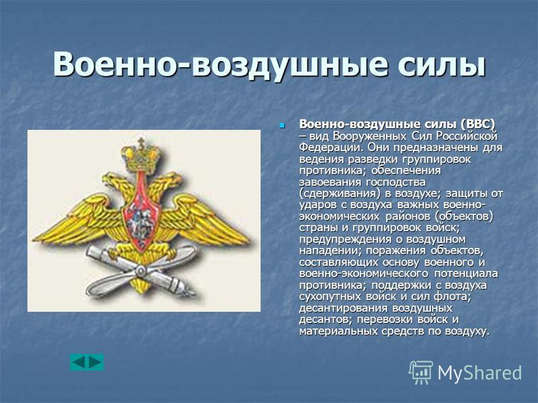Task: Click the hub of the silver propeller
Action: point(141,272)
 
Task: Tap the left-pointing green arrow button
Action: point(79,362)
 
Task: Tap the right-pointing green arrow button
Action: point(95,362)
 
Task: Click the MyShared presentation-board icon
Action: point(420,372)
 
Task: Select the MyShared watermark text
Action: point(479,373)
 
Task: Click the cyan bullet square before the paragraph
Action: point(282,125)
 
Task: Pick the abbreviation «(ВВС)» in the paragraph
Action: point(478,124)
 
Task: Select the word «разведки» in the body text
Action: point(373,159)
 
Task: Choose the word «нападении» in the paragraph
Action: point(328,251)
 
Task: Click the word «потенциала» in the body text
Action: point(466,274)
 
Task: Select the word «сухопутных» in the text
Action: point(330,296)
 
